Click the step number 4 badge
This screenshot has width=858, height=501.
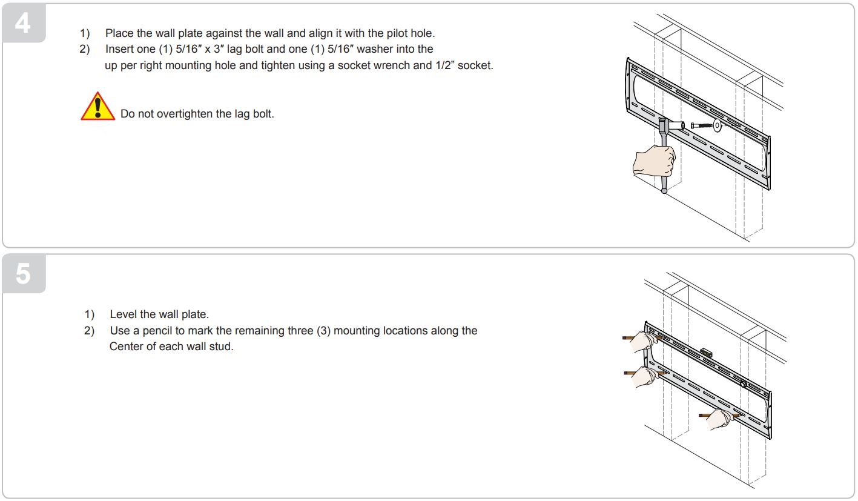(x=23, y=24)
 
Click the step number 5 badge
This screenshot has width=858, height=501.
(x=23, y=274)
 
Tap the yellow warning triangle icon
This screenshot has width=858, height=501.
(x=97, y=107)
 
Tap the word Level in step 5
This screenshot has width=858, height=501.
(x=122, y=315)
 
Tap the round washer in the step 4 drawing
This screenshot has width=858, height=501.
(x=717, y=126)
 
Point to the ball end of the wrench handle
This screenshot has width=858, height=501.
(x=664, y=191)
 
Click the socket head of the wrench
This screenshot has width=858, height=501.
(x=674, y=125)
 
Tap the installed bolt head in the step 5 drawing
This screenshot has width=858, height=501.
(x=743, y=383)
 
